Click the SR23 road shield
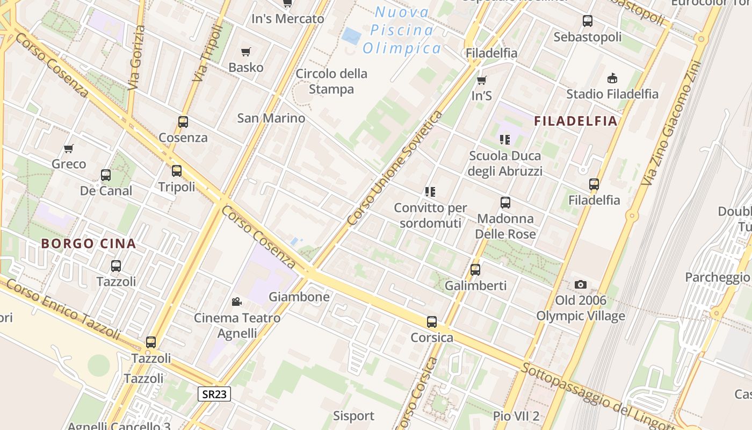pos(214,394)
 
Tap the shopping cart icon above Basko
pos(246,52)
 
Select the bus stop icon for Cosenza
pos(183,122)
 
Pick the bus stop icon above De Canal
pos(106,175)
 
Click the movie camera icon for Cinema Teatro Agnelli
pos(236,302)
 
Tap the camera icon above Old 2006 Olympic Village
pos(580,285)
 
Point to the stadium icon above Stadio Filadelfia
pos(612,78)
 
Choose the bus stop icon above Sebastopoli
pos(588,21)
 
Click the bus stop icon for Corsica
pos(432,322)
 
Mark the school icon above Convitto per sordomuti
pos(430,192)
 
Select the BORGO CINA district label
pos(89,243)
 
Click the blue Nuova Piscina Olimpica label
pos(402,30)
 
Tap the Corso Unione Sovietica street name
pos(395,168)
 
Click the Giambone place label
pos(299,297)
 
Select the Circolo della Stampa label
pos(331,81)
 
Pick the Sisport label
pos(353,415)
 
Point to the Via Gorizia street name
pos(137,58)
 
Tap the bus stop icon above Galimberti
pos(475,270)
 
